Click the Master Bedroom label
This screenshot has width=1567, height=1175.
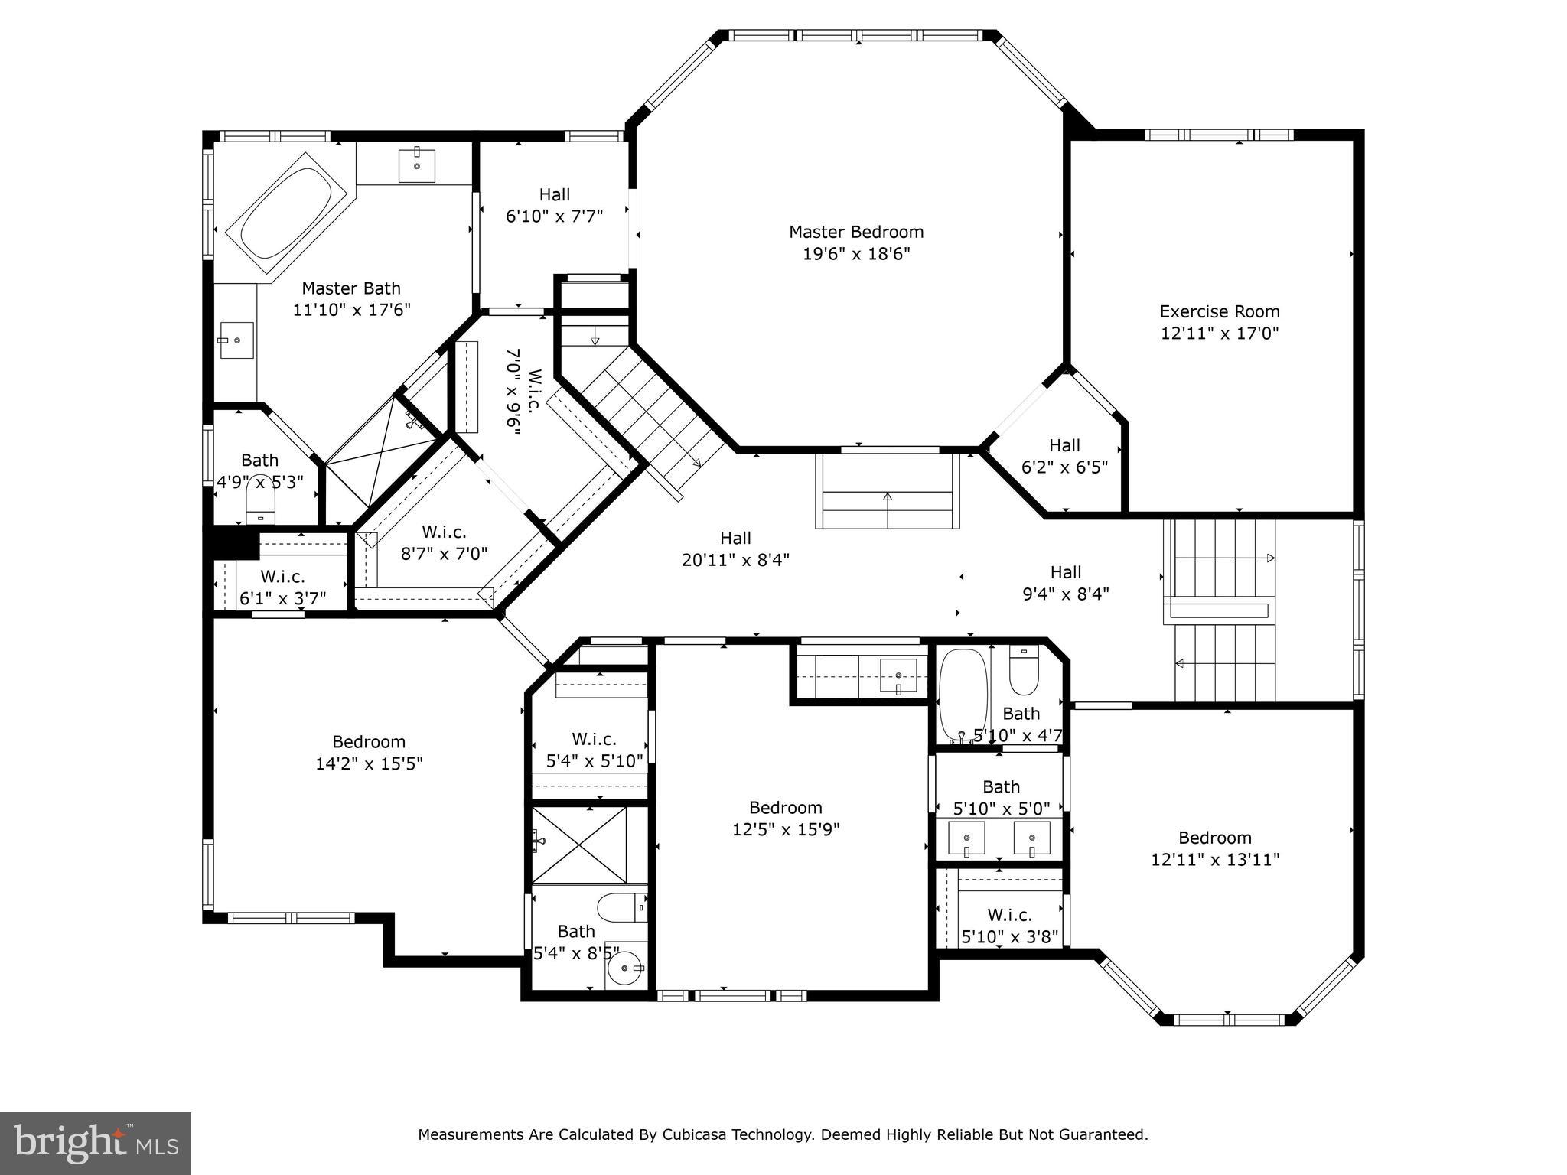pos(856,232)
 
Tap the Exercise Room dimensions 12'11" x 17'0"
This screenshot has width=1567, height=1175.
pos(1220,334)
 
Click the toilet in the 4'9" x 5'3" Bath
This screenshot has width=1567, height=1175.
pos(260,506)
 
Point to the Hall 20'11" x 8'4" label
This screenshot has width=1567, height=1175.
pos(735,548)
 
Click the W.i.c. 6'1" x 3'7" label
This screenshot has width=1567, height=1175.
pos(282,587)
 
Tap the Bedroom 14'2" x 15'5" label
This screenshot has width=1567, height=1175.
pos(369,753)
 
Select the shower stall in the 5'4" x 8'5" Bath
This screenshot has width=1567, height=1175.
pos(579,845)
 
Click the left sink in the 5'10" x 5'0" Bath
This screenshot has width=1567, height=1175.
pos(967,838)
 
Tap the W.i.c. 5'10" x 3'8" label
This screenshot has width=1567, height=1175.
pos(1009,926)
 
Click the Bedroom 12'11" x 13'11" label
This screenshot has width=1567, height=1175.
pos(1215,848)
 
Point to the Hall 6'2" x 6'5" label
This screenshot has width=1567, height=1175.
pos(1064,456)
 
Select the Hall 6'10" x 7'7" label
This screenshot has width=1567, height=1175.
pos(554,205)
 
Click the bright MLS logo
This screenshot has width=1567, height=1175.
pos(96,1144)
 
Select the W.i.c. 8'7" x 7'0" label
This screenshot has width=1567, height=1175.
pos(444,542)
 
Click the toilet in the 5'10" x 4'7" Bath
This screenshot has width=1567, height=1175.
pos(1023,671)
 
